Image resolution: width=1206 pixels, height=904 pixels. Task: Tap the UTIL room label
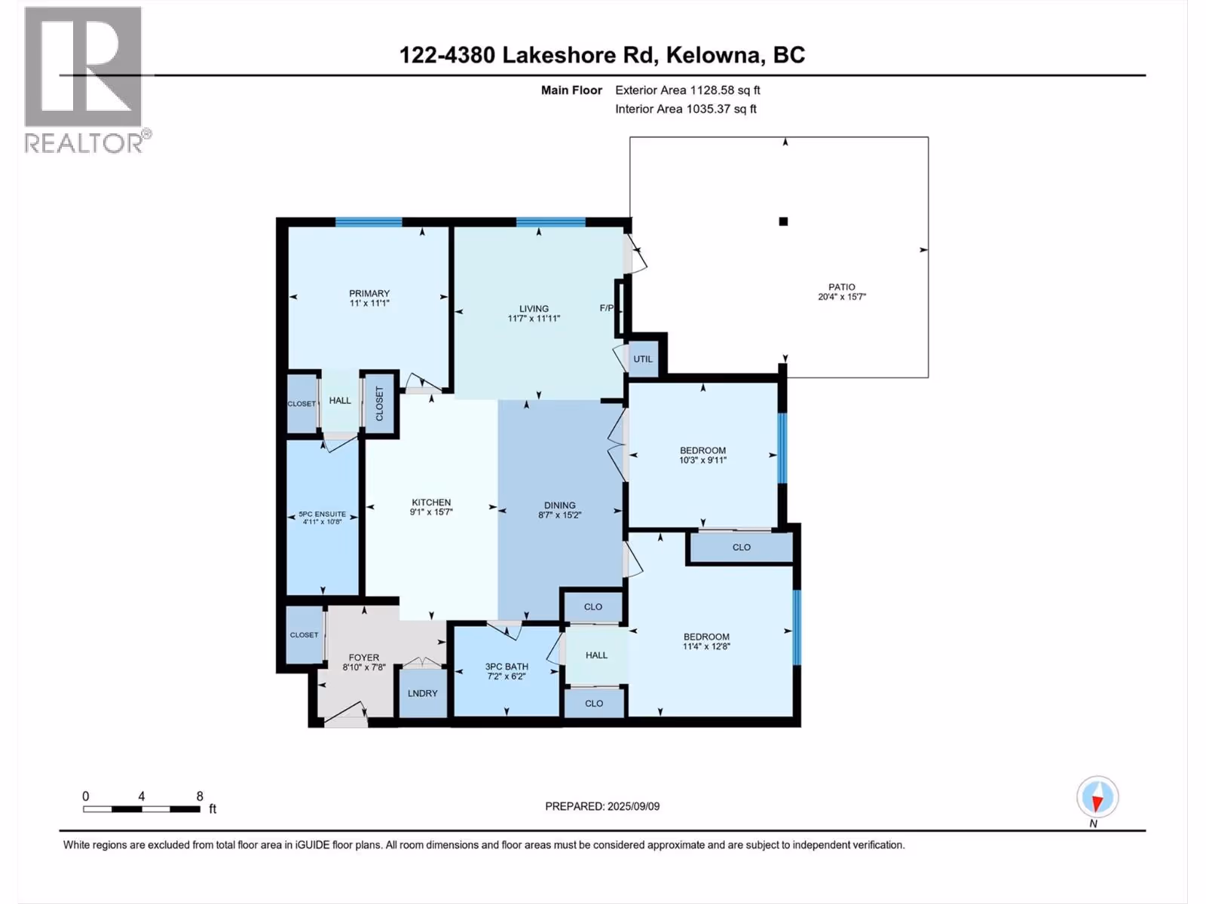coord(643,359)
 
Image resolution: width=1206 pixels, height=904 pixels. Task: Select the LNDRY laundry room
coord(423,693)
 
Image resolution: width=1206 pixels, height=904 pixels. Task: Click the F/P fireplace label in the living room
coord(607,308)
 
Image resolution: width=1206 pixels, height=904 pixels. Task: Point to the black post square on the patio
coord(783,221)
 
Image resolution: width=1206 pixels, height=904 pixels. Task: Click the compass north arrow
coord(1097,798)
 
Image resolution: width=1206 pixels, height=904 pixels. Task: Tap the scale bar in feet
coord(142,809)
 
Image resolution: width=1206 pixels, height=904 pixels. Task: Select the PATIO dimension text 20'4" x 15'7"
coord(842,297)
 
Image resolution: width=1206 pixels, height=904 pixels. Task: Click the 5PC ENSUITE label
coord(323,515)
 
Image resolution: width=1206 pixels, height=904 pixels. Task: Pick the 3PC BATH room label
coord(507,667)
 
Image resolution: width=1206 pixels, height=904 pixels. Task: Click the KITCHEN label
coord(431,502)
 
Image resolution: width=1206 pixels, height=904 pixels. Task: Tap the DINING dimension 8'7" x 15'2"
coord(560,515)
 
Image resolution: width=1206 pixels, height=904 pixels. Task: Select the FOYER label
coord(364,658)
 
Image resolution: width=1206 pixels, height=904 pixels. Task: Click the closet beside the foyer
coord(305,634)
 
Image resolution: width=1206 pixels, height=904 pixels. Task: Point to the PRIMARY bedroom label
coord(369,293)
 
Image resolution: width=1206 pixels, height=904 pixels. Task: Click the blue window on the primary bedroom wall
coord(369,221)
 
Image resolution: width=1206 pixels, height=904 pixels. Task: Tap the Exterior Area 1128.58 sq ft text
coord(687,90)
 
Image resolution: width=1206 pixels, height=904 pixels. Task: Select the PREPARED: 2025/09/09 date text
coord(602,806)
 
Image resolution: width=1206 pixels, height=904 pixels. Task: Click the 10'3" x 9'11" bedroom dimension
coord(702,460)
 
